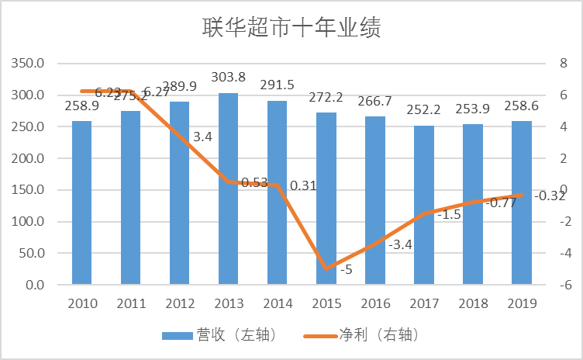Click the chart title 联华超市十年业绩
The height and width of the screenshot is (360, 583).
291,29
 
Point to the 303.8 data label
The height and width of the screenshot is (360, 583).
228,77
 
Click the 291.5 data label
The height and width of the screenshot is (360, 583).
277,85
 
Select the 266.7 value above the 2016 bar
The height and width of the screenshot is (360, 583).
374,102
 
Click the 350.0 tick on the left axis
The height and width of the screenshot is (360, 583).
29,63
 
